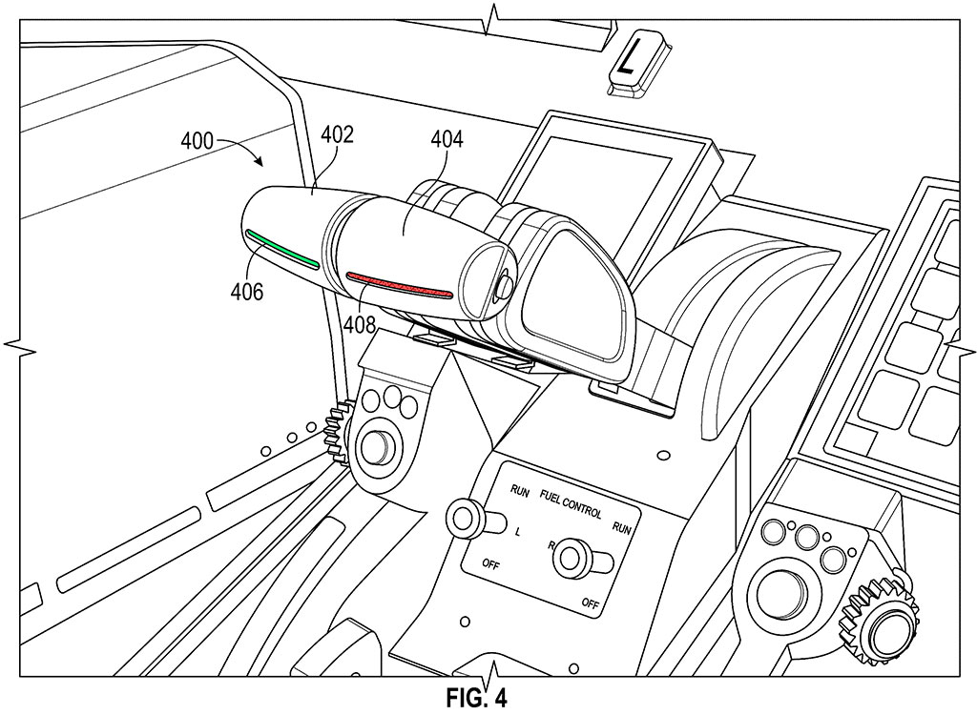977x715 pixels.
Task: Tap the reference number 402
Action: [337, 134]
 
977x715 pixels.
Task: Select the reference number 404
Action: [446, 140]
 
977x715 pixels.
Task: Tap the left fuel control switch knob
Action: [467, 519]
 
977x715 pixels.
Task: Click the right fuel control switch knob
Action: [572, 558]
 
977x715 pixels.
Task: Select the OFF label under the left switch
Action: [491, 564]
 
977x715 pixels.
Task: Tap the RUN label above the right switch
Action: [621, 524]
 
